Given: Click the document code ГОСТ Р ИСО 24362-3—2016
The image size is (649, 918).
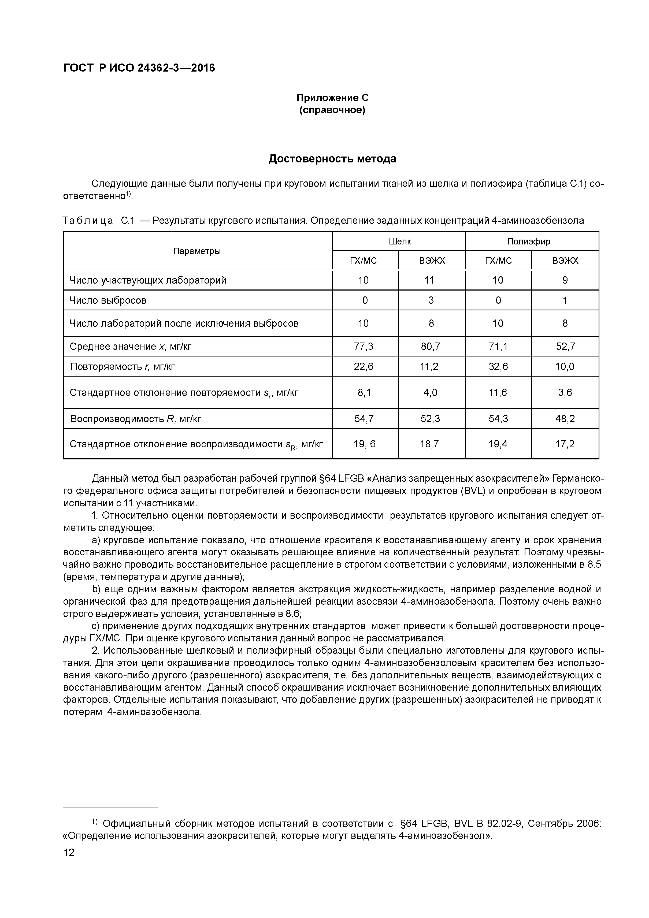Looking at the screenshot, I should [139, 68].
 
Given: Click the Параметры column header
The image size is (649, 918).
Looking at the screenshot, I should [197, 251].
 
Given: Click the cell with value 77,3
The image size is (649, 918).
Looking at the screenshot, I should [364, 346].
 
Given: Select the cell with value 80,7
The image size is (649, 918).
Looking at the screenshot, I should [431, 346].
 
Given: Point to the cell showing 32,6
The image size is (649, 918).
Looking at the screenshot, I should [498, 366].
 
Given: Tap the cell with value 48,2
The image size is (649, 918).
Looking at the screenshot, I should [565, 419].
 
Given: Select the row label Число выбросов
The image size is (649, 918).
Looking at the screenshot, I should [108, 300].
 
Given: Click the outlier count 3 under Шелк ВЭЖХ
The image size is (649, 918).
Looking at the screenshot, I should [431, 300].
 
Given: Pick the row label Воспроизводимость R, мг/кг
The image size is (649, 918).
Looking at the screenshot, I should [136, 419].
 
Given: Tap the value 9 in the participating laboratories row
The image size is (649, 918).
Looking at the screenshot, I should [565, 280].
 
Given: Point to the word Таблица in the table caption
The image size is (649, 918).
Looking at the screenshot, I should [88, 220].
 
